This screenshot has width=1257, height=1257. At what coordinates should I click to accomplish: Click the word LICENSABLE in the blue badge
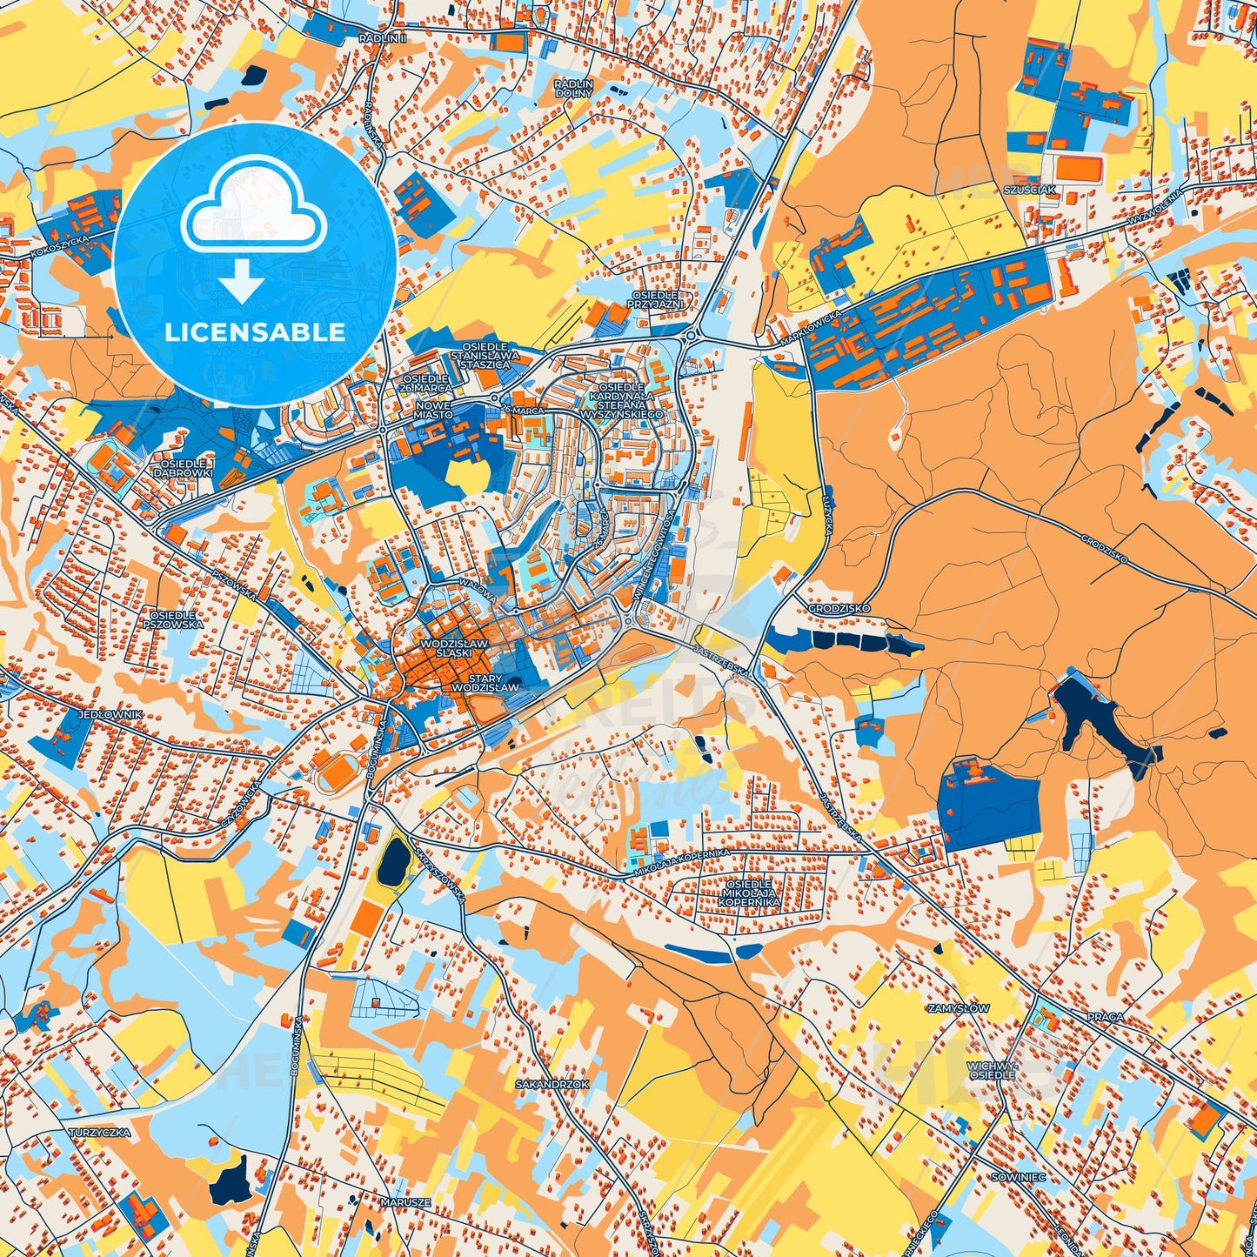pyautogui.click(x=255, y=332)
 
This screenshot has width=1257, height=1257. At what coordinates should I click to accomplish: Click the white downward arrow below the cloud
pyautogui.click(x=242, y=279)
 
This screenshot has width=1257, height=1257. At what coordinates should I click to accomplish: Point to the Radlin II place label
pyautogui.click(x=383, y=39)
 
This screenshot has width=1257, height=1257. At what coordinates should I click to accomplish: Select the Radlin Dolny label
pyautogui.click(x=574, y=88)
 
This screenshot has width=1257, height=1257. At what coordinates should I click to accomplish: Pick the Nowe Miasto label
pyautogui.click(x=433, y=410)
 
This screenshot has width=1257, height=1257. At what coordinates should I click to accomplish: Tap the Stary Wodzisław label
pyautogui.click(x=485, y=683)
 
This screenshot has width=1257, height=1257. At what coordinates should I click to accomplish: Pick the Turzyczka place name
pyautogui.click(x=99, y=1133)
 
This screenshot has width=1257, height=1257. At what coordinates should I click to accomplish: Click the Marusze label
pyautogui.click(x=405, y=1202)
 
